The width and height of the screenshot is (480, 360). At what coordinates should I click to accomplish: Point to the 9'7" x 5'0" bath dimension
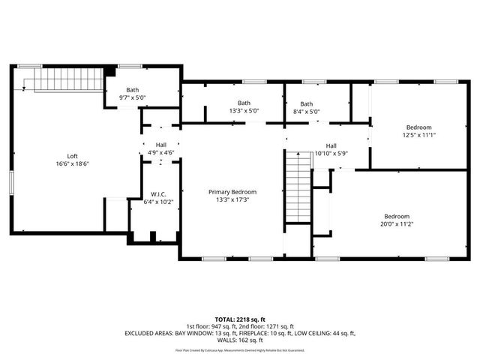[x=132, y=97]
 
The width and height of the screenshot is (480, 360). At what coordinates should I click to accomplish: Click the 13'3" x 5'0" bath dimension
[x=244, y=112]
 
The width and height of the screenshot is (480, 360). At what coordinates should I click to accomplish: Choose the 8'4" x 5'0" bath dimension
[x=306, y=112]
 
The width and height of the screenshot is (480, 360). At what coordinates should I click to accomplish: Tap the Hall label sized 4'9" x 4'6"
[x=160, y=153]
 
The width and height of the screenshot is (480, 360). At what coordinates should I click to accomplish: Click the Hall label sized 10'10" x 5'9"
[x=331, y=154]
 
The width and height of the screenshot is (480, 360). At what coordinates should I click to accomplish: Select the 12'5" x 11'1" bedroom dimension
[x=419, y=135]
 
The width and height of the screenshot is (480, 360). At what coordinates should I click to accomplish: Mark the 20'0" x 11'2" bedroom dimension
[x=397, y=223]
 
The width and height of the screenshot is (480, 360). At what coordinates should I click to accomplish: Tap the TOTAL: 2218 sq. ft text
[x=240, y=319]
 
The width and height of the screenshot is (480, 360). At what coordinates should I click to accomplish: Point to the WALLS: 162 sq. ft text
[x=240, y=340]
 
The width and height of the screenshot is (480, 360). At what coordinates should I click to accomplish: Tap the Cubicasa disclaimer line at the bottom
[x=240, y=350]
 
